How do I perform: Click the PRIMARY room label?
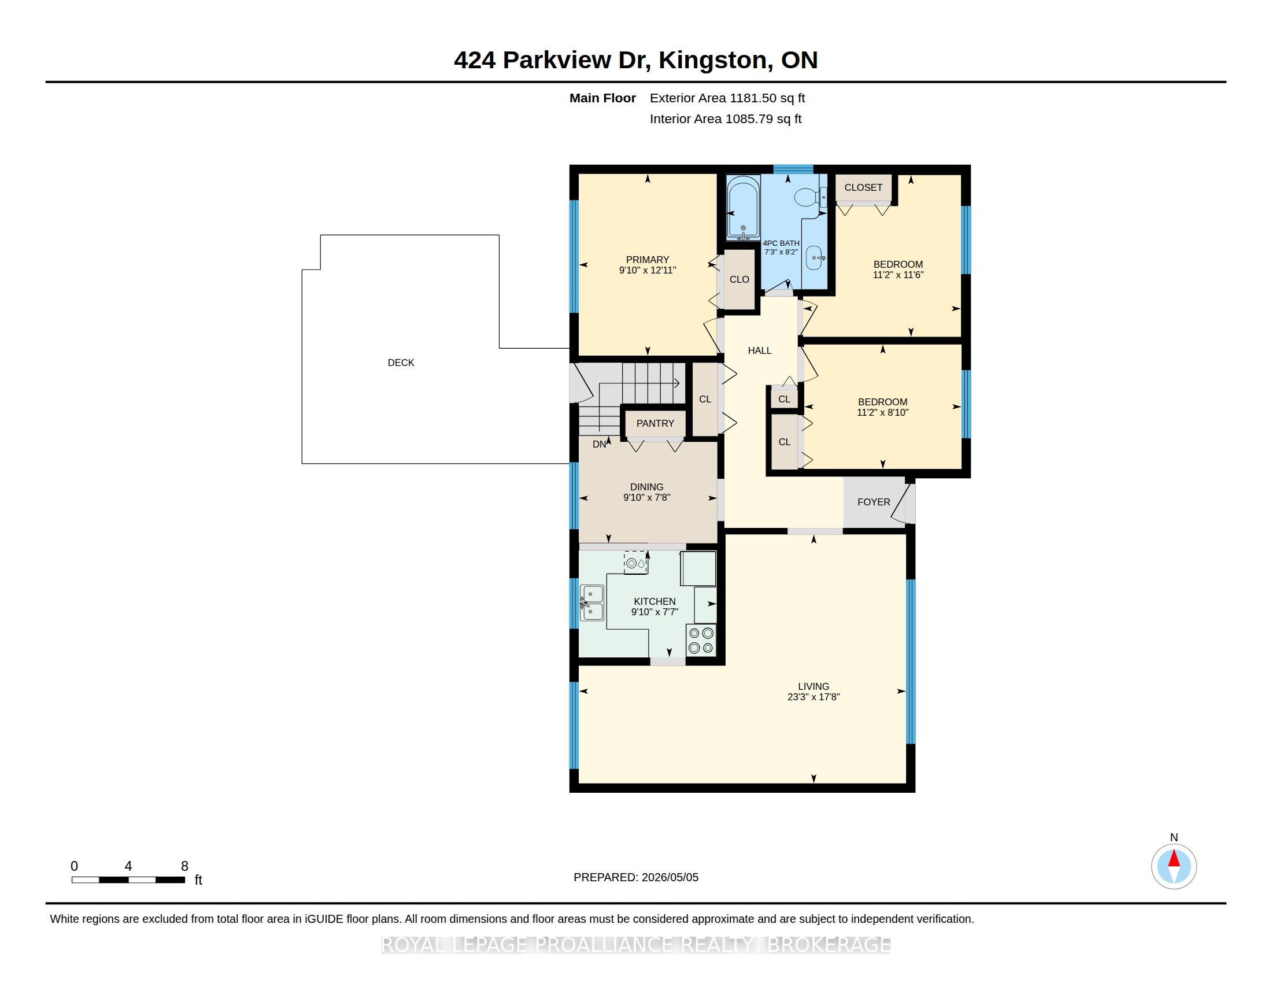647,260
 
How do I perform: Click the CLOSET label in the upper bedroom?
863,187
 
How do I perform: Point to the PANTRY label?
655,423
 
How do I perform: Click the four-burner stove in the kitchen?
701,640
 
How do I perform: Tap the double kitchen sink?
591,603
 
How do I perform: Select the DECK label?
401,363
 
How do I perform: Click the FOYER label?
874,502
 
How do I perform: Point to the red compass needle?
1174,859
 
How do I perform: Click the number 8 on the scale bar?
184,866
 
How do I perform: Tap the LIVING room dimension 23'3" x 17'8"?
813,697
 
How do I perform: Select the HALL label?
760,350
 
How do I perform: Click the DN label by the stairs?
600,444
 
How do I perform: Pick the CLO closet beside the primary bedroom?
739,279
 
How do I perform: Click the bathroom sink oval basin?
814,258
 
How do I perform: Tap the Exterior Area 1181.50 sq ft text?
727,98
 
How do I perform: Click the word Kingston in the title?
712,60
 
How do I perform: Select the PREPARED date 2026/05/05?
670,877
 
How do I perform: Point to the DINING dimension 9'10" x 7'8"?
646,497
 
